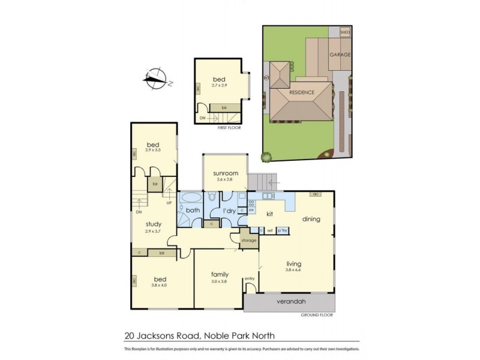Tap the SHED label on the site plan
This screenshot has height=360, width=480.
[344, 32]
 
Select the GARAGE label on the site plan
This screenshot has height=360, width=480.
[340, 55]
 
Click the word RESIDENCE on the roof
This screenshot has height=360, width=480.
[301, 93]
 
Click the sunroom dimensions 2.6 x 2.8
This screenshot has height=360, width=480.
[225, 179]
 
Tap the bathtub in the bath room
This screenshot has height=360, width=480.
[191, 197]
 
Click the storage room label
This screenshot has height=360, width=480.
[248, 241]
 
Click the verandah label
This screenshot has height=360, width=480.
[289, 302]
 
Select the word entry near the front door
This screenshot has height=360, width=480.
[250, 278]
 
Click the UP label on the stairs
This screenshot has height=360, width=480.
[169, 203]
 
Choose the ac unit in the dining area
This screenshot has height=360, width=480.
[314, 194]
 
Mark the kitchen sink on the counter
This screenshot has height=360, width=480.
[266, 196]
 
